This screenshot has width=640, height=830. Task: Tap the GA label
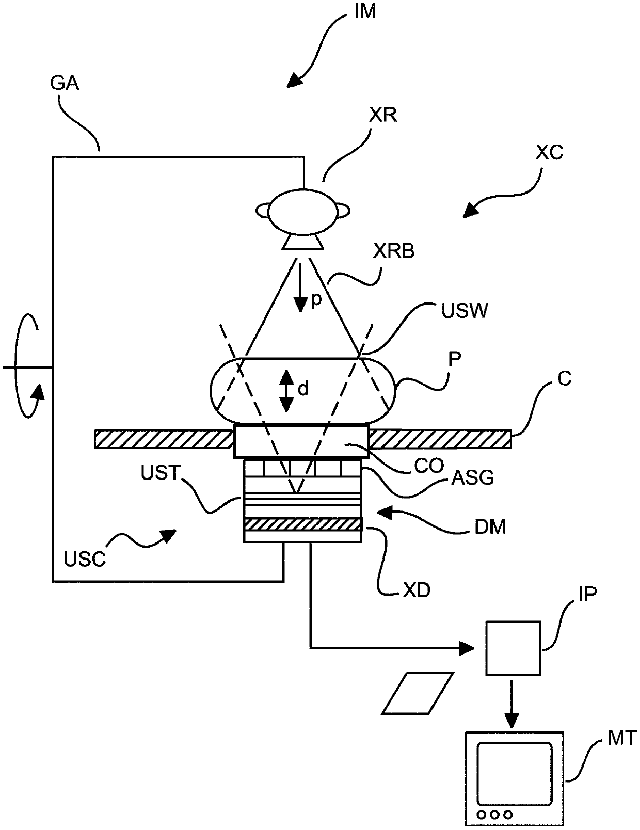tap(65, 83)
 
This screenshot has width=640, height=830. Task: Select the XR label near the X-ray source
tap(383, 115)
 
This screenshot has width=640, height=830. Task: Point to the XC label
tap(549, 153)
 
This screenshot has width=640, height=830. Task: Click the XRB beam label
tap(394, 251)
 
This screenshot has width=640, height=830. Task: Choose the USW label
tap(465, 311)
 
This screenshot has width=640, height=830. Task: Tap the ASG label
tap(473, 477)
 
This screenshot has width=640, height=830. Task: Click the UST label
tap(161, 473)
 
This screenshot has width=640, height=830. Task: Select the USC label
tap(85, 561)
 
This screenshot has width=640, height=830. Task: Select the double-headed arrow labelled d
tap(286, 390)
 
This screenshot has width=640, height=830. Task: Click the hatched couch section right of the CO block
tap(440, 439)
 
